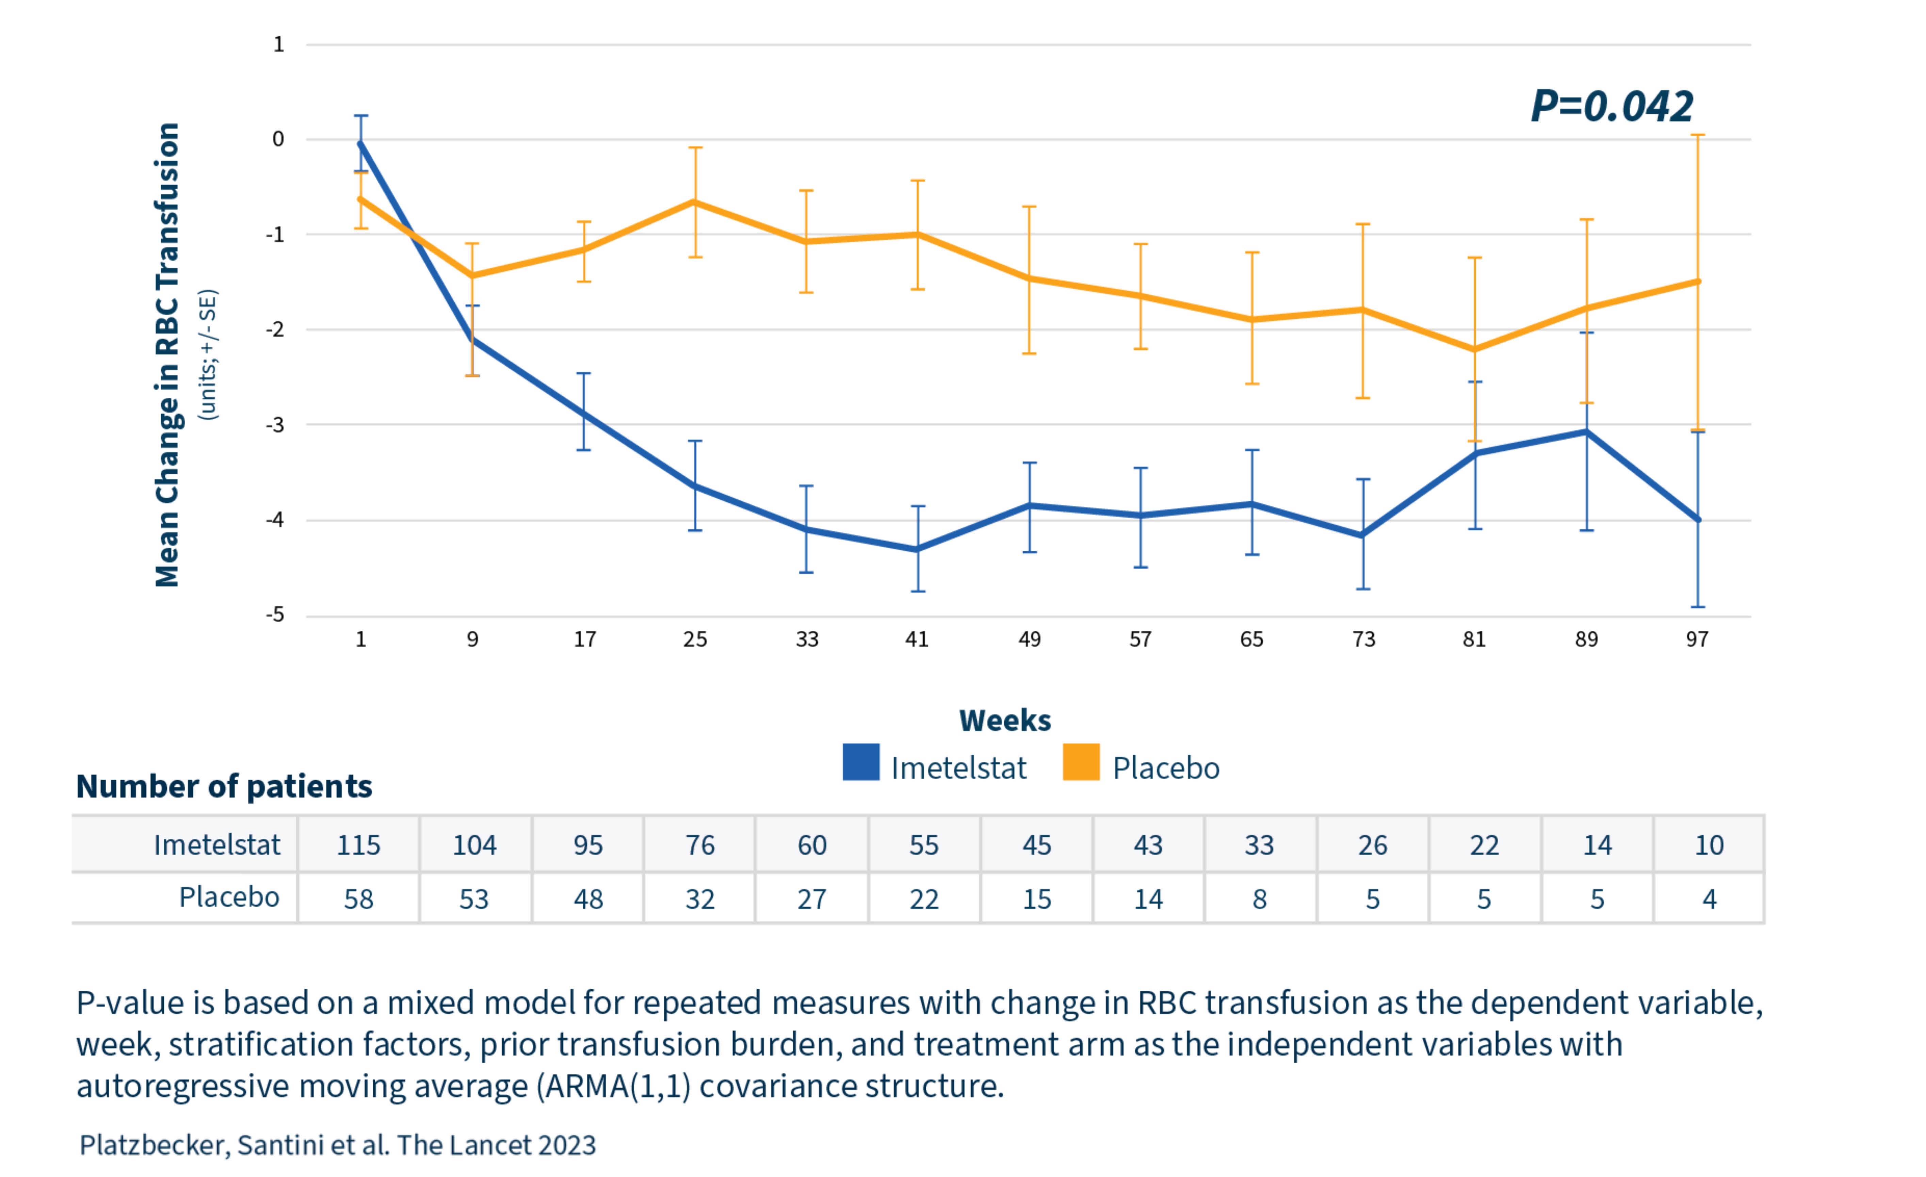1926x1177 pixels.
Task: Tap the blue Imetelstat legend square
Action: tap(861, 763)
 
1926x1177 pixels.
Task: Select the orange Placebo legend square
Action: tap(1081, 763)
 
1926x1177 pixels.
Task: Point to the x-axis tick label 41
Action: tap(917, 640)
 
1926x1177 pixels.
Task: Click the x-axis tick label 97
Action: tap(1697, 640)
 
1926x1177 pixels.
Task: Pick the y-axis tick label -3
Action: tap(275, 425)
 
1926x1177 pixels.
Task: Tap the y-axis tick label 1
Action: tap(278, 45)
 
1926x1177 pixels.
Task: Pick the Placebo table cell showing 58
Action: tap(359, 899)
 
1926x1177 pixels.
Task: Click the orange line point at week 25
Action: tap(695, 202)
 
